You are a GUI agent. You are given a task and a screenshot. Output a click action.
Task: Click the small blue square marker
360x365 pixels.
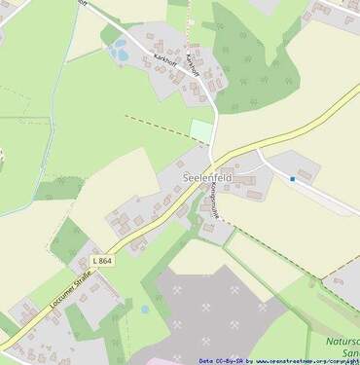(x=292, y=179)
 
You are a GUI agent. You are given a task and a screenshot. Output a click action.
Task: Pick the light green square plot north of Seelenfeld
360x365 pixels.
(x=200, y=130)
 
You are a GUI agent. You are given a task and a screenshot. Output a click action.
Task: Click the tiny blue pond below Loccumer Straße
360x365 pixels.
(x=145, y=309)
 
